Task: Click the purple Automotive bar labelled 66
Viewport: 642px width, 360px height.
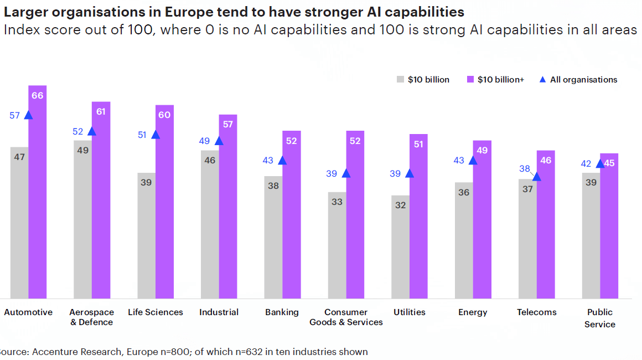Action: pos(37,194)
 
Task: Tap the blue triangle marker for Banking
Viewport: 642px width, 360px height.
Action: pos(282,161)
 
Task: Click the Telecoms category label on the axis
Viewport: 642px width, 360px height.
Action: pos(536,312)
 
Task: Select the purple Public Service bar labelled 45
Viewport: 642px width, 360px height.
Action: pos(609,227)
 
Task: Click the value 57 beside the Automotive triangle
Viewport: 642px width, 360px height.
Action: pos(15,115)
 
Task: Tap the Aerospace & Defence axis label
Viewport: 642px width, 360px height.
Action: pos(92,317)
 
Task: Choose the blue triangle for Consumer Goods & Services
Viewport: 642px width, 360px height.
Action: pos(346,173)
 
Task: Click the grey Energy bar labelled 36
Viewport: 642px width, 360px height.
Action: pos(464,241)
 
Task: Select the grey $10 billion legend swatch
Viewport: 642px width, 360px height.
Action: pos(401,80)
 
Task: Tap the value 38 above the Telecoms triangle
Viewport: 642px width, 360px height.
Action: pos(525,168)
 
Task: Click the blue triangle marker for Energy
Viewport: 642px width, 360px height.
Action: pos(473,161)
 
